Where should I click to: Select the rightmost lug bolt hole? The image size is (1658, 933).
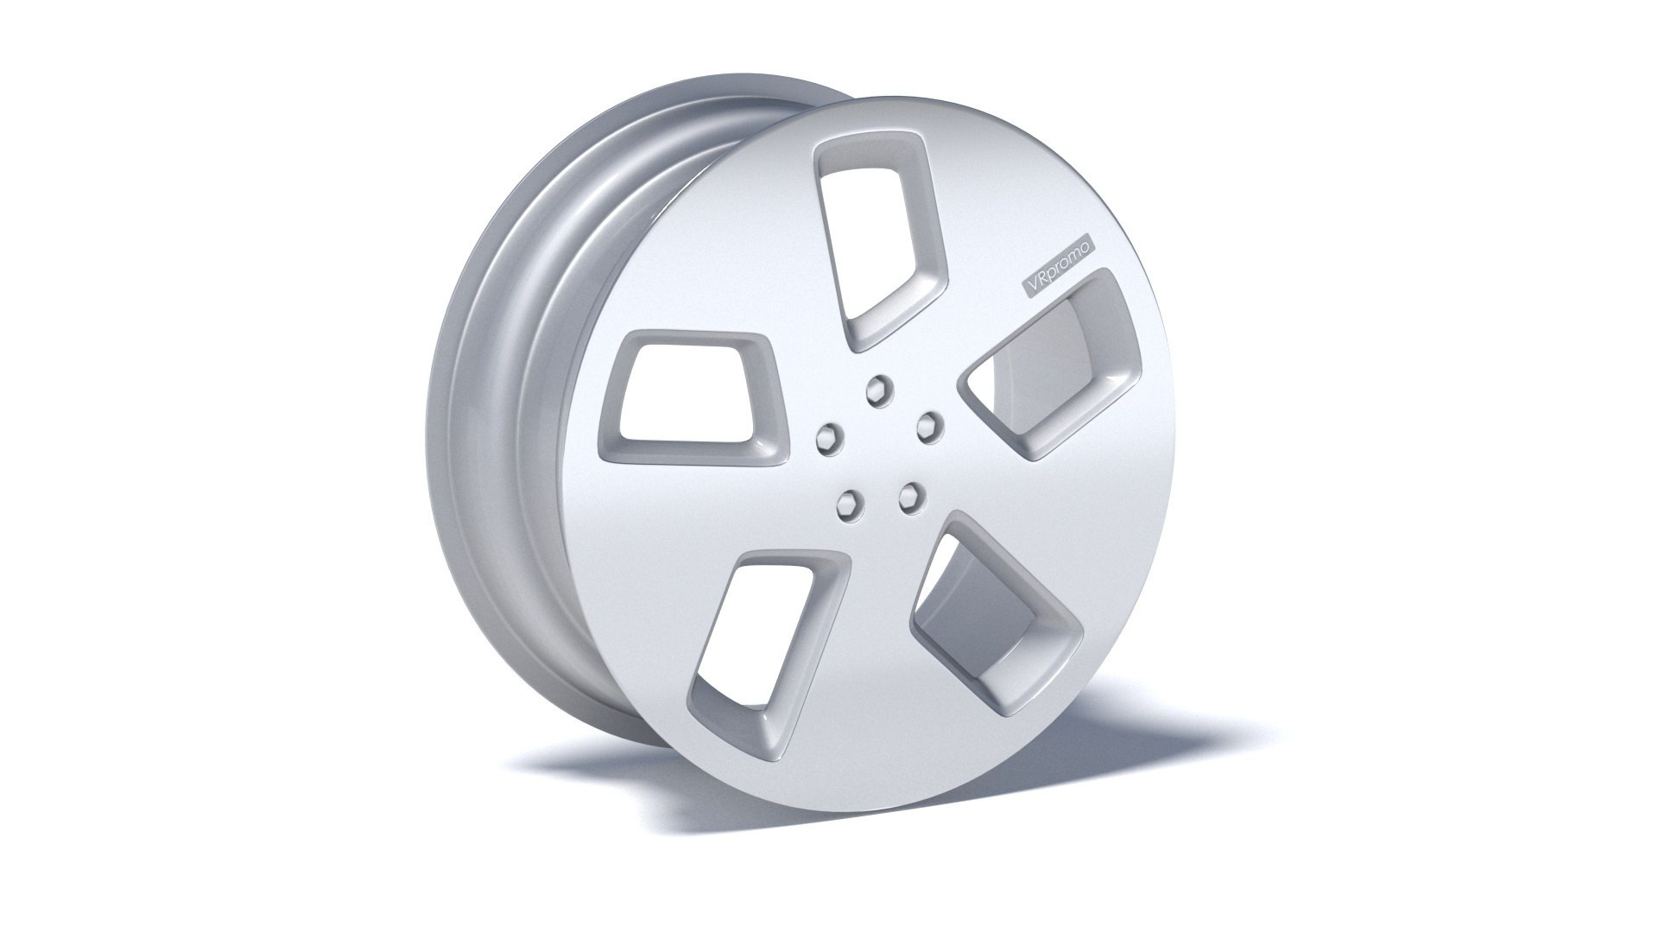(927, 423)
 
